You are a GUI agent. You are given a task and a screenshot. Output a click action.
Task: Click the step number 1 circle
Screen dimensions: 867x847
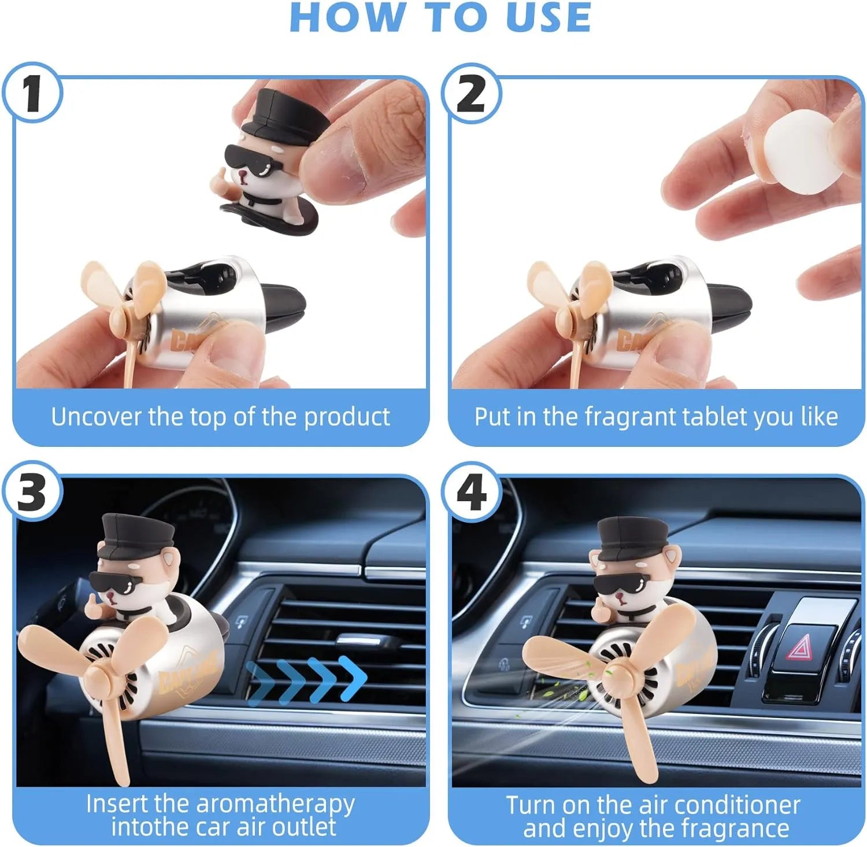(x=32, y=93)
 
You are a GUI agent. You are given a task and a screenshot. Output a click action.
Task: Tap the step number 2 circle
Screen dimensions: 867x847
(x=471, y=93)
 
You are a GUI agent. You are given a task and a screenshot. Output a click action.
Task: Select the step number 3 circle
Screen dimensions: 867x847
(x=32, y=493)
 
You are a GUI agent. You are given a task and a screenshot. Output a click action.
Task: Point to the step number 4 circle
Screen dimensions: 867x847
(x=471, y=493)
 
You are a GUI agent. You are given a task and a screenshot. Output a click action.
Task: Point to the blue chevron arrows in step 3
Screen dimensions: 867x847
(x=306, y=675)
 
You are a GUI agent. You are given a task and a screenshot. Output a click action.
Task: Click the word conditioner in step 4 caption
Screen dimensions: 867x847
(x=737, y=805)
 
